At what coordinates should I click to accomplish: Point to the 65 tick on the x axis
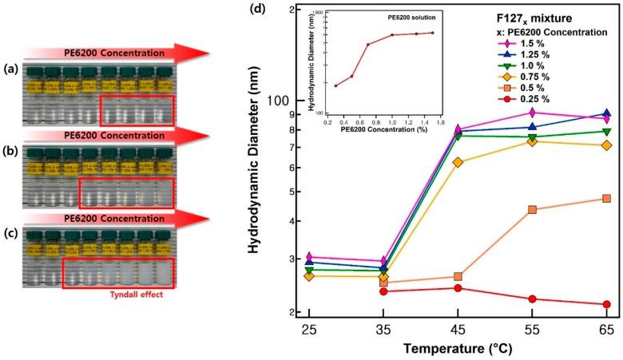[607, 330]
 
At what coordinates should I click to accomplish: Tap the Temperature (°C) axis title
[457, 349]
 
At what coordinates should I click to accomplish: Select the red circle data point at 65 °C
[607, 304]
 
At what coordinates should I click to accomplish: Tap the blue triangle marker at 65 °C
[607, 113]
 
